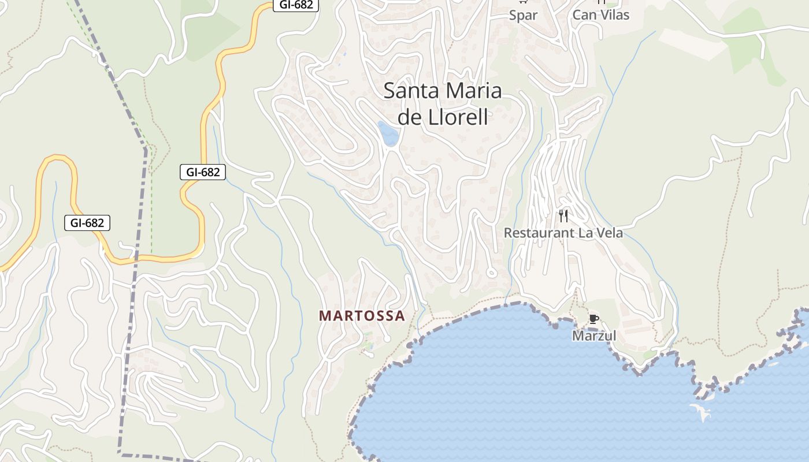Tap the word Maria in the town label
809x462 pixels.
pyautogui.click(x=474, y=91)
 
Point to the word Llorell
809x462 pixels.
pyautogui.click(x=460, y=117)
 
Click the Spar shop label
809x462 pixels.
pyautogui.click(x=523, y=16)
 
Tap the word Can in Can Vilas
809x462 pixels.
pyautogui.click(x=584, y=15)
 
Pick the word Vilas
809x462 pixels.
pyautogui.click(x=613, y=15)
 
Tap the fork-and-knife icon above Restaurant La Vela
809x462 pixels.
pyautogui.click(x=563, y=216)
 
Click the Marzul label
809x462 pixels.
pyautogui.click(x=594, y=336)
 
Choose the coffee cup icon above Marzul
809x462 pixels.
pyautogui.click(x=593, y=319)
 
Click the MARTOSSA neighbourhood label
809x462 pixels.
pyautogui.click(x=362, y=316)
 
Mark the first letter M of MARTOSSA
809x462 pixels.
pyautogui.click(x=324, y=316)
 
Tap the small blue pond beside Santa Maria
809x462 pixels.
pyautogui.click(x=388, y=133)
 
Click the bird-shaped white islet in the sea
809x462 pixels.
pyautogui.click(x=701, y=412)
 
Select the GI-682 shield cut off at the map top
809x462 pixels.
pyautogui.click(x=296, y=5)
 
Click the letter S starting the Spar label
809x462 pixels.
pyautogui.click(x=513, y=16)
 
